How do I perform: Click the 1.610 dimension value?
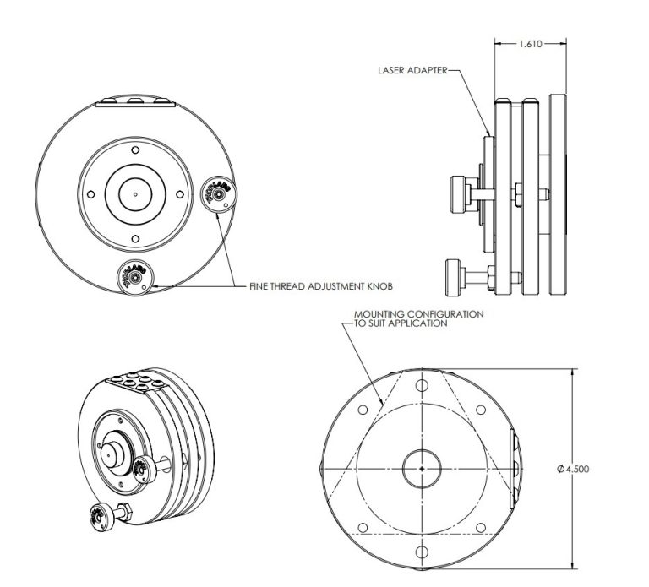[530, 43]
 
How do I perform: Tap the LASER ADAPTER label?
[412, 72]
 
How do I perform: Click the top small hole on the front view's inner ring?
[135, 153]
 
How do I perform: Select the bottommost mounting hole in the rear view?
[420, 552]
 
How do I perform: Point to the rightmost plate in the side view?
[559, 196]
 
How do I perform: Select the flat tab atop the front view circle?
[135, 103]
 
